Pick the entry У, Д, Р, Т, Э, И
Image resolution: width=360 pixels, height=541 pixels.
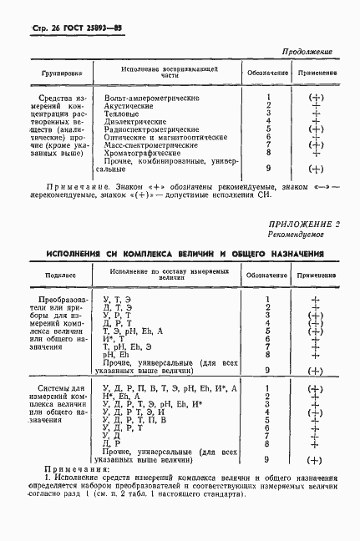129,412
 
